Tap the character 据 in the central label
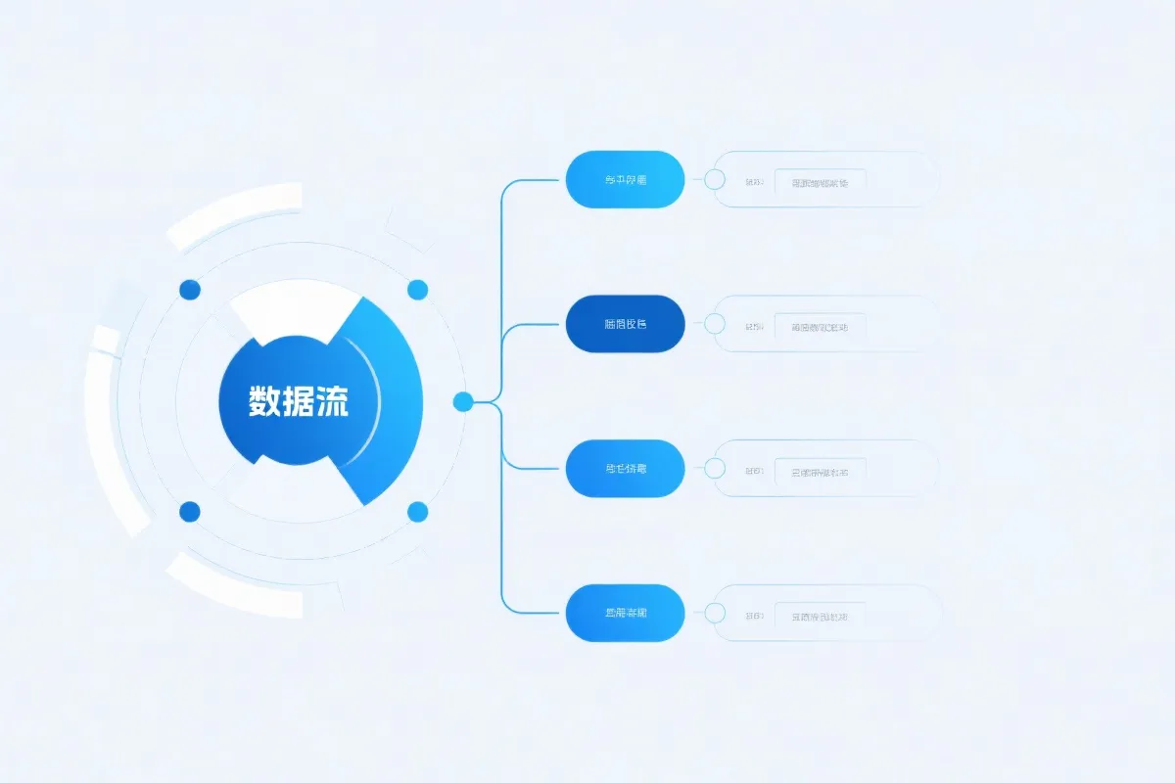[299, 401]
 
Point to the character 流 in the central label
[332, 401]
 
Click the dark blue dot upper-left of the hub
[190, 289]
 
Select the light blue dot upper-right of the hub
[417, 289]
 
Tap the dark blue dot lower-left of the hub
[190, 511]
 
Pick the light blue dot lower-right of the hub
[417, 511]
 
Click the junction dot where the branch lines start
[463, 400]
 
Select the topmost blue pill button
[625, 179]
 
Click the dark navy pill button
[625, 324]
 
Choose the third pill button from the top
[625, 469]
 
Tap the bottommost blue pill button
[625, 614]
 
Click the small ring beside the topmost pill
[715, 179]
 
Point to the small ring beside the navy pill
[715, 324]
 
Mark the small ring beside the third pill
[715, 469]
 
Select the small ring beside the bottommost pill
[715, 614]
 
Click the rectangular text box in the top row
[820, 182]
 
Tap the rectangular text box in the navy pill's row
[820, 327]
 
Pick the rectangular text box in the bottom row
[820, 617]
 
